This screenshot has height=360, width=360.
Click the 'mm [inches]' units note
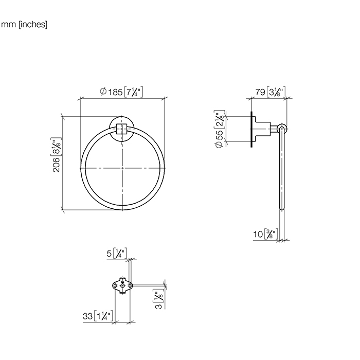(x=24, y=24)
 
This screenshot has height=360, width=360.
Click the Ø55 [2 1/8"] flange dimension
(x=220, y=131)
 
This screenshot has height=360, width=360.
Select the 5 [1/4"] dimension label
(x=117, y=253)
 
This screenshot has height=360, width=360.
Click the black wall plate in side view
(x=251, y=129)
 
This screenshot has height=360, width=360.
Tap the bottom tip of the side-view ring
(x=281, y=209)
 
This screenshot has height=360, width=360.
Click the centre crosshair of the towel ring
(x=122, y=168)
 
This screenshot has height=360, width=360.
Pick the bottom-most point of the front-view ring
(x=122, y=209)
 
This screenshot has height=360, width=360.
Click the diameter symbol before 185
(x=103, y=92)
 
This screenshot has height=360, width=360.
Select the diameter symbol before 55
(x=220, y=146)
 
